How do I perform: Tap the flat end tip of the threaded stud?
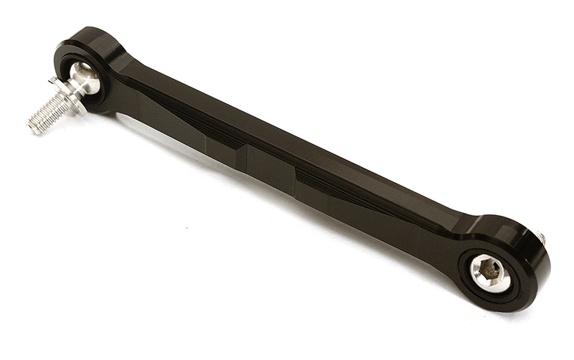pyautogui.click(x=32, y=127)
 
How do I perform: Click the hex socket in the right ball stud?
pyautogui.click(x=491, y=270)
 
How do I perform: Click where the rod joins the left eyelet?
pyautogui.click(x=129, y=79)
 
